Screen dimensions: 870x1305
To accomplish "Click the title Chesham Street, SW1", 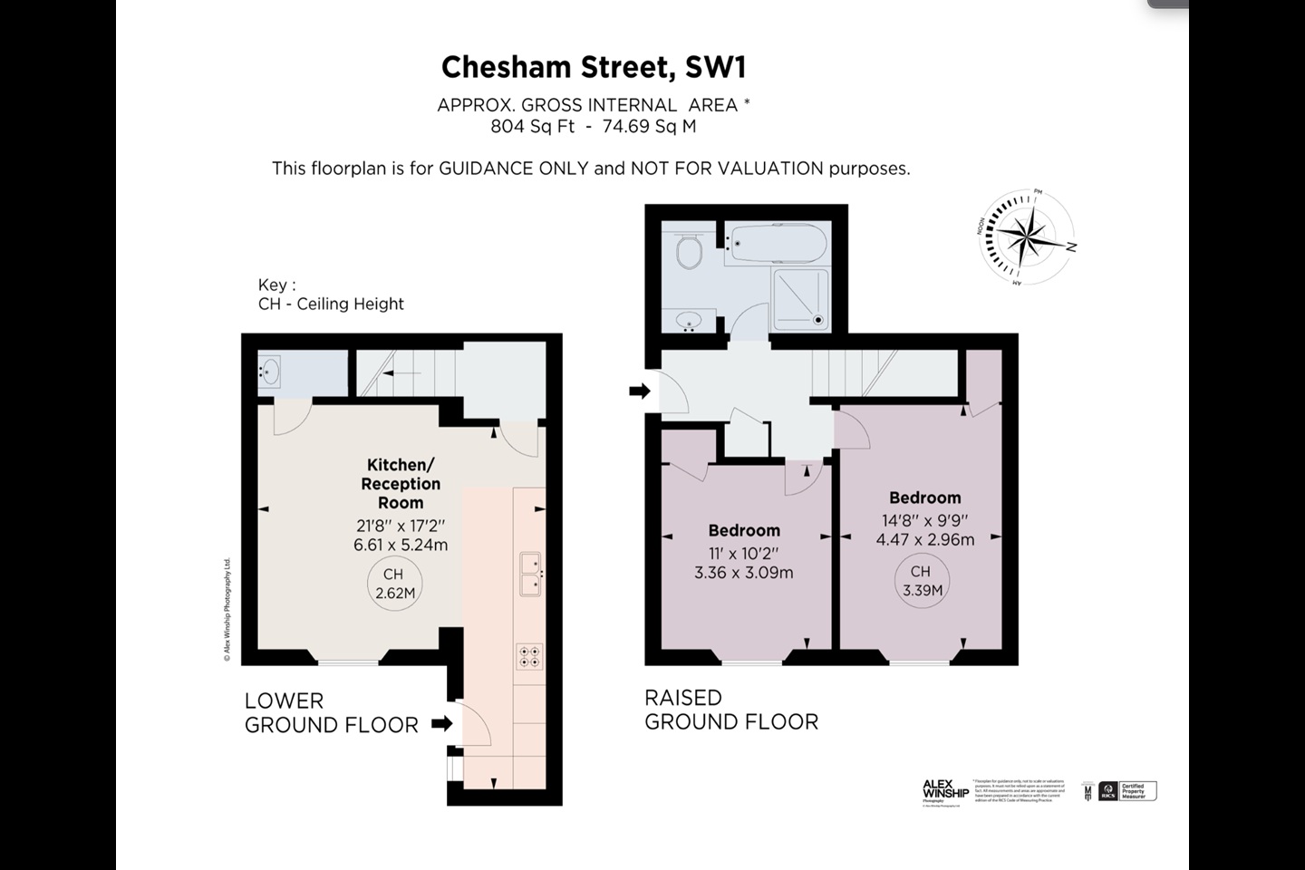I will pos(594,67).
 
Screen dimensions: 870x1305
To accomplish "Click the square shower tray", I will pos(800,297).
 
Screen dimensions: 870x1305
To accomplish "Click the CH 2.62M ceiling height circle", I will pos(395,585).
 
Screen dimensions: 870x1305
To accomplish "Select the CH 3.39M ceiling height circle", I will pos(922,581).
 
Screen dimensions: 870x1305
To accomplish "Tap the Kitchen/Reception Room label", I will pos(401,484).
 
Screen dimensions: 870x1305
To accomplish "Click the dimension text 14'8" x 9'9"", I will pos(925,520).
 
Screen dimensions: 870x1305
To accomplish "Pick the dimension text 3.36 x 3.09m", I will pos(744,573).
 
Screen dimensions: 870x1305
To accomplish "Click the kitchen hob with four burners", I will pos(529,656).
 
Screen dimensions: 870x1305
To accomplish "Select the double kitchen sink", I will pos(529,574).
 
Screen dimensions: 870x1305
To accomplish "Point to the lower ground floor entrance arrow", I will pos(441,723).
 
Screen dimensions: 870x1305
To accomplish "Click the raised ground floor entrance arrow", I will pos(640,391).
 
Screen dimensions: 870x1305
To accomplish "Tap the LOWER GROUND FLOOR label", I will pos(332,713).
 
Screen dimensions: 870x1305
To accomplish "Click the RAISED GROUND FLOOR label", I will pos(731,710).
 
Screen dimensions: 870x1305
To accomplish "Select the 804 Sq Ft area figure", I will pos(533,127).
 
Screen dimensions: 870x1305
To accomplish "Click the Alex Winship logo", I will pos(945,791).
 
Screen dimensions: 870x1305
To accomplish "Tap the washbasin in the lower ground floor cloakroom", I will pos(269,371).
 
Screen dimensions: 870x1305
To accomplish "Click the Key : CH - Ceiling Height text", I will pos(331,295).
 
